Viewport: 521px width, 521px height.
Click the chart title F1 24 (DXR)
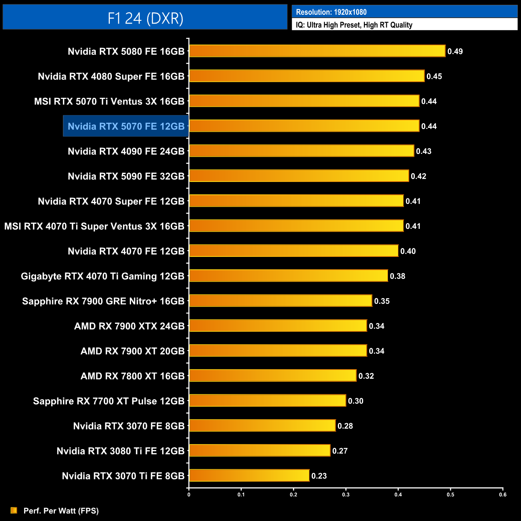point(145,18)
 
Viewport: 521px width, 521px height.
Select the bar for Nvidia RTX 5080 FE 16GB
point(317,51)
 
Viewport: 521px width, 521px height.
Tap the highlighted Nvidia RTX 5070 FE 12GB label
point(126,126)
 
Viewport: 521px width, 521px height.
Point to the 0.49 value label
point(455,51)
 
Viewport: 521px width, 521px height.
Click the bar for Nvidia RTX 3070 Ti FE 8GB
point(249,475)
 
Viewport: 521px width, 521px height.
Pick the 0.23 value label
point(319,476)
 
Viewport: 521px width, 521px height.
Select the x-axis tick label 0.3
point(345,495)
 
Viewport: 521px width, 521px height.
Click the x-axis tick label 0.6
point(503,495)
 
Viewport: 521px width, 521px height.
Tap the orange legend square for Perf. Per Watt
point(14,510)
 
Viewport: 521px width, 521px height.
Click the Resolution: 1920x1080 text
point(331,12)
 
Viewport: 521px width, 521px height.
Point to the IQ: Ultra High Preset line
point(354,25)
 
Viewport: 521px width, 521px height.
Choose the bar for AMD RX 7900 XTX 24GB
point(278,326)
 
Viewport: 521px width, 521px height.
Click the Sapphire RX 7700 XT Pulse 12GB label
point(109,401)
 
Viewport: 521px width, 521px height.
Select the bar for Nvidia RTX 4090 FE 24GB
point(301,151)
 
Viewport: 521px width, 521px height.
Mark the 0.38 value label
point(398,276)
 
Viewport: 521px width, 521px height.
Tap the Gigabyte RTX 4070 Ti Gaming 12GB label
point(103,276)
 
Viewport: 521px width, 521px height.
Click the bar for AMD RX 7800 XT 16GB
point(273,376)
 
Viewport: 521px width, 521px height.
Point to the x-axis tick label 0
point(189,495)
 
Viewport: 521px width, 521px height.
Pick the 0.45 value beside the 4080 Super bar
point(434,77)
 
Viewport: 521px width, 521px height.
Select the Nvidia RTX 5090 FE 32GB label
point(126,176)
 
